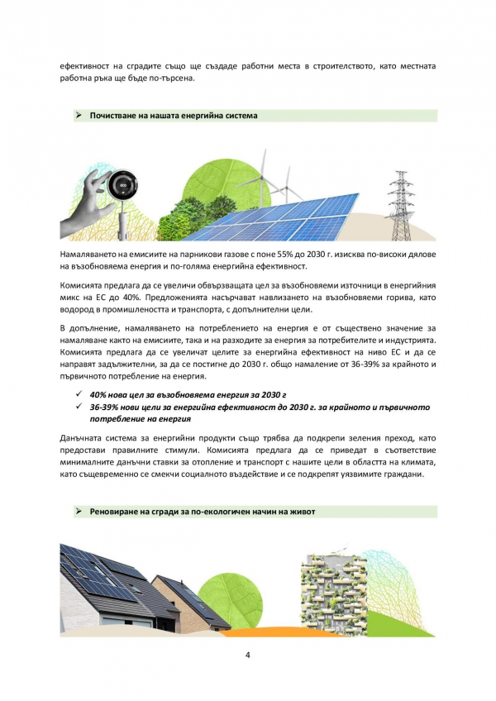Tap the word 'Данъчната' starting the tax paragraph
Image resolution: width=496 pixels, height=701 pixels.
(83, 436)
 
